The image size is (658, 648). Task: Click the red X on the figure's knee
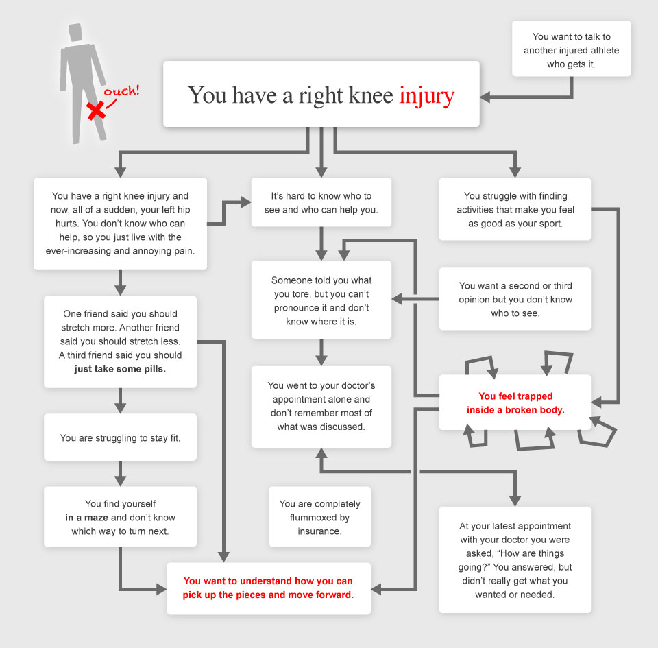point(97,109)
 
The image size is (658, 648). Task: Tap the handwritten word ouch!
point(121,91)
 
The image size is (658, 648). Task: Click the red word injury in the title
point(426,95)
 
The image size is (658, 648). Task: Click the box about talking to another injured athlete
point(571,48)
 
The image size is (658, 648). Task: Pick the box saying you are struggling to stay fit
point(120,437)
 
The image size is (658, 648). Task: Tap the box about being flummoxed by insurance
point(319,517)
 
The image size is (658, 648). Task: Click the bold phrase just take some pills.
point(120,368)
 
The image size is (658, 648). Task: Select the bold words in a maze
point(86,517)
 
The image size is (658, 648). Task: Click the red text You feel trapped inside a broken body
point(515,403)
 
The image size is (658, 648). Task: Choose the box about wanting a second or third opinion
point(515,300)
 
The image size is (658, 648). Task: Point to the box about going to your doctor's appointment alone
point(321,406)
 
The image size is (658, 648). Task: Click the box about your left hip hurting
point(120,224)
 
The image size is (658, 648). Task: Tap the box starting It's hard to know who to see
point(321,202)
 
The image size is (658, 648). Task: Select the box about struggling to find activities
point(515,210)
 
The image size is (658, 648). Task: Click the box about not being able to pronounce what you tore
point(321,300)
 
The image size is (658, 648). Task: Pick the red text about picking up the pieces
point(268,588)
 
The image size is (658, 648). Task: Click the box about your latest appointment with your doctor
point(515,560)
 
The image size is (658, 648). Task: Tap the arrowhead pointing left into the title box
point(485,97)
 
